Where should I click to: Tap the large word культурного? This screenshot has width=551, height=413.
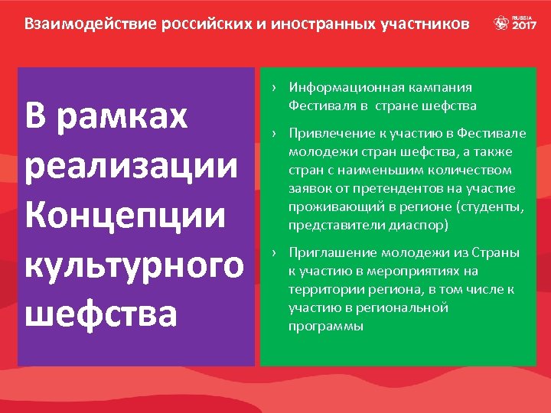(134, 265)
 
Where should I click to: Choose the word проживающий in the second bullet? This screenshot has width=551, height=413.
(330, 207)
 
